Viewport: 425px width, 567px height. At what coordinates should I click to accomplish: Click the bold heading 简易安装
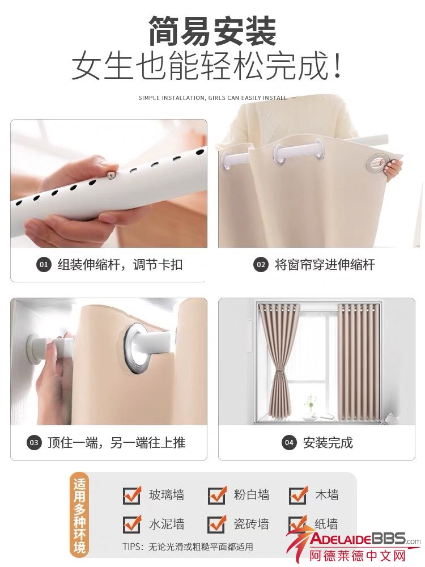click(x=212, y=31)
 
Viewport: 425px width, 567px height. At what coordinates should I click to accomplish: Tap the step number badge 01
click(x=44, y=265)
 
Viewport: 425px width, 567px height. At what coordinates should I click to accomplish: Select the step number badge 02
click(x=261, y=265)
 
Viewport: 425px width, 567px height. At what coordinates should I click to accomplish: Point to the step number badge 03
click(x=34, y=443)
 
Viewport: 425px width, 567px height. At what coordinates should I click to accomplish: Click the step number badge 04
click(x=289, y=443)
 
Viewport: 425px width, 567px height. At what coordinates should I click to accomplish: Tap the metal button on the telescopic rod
click(x=110, y=174)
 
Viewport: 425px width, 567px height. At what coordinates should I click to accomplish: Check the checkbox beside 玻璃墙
click(x=131, y=494)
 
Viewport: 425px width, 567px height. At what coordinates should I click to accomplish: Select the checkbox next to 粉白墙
click(x=216, y=494)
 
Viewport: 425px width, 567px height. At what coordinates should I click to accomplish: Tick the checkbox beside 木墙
click(x=298, y=494)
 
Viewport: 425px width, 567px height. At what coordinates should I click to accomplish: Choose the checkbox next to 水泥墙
click(x=131, y=524)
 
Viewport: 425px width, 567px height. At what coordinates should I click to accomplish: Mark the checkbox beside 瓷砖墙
click(x=216, y=524)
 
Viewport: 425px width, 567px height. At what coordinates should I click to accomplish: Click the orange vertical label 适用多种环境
click(x=79, y=516)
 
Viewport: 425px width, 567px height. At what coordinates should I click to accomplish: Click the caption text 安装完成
click(x=328, y=443)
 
